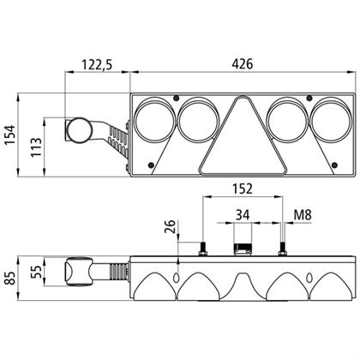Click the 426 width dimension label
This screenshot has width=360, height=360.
pos(243,64)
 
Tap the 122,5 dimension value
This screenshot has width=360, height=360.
pos(97,64)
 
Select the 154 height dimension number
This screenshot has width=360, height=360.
pos(10,135)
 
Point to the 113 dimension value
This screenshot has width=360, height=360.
pos(36,147)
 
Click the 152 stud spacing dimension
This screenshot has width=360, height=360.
pos(243,189)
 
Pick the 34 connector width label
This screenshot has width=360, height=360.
pos(243,214)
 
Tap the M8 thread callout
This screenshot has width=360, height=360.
pos(303,215)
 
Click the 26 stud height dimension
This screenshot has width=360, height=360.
pos(170,226)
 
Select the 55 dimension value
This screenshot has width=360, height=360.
pos(36,272)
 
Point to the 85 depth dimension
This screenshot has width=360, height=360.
pos(10,278)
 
